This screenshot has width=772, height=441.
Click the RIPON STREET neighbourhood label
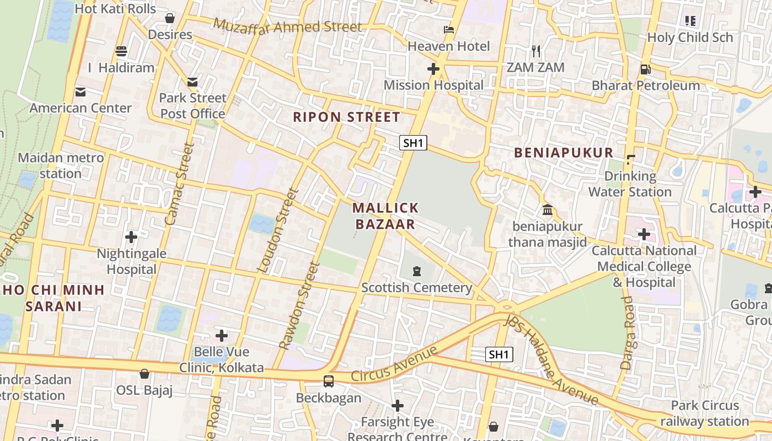(x=346, y=117)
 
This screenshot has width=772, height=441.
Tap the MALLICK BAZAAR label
(x=385, y=216)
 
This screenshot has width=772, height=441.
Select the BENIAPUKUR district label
(x=564, y=153)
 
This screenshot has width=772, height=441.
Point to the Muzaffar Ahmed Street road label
(x=287, y=25)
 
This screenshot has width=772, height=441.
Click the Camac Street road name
(x=180, y=184)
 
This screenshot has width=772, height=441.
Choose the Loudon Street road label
(x=278, y=230)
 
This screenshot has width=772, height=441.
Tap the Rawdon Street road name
(x=300, y=305)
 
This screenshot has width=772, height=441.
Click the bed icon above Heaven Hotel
(x=449, y=30)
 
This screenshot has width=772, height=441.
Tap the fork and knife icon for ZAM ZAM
(x=536, y=51)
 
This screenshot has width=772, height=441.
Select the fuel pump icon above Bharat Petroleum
(x=645, y=69)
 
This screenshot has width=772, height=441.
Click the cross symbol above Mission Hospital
(x=433, y=69)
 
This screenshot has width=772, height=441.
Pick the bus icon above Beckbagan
(x=329, y=381)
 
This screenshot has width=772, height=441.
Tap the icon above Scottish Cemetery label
(x=416, y=271)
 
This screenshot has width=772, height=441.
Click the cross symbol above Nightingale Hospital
(x=131, y=237)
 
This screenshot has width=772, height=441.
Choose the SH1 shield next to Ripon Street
(x=413, y=143)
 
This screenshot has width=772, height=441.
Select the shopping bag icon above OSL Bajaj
(x=144, y=374)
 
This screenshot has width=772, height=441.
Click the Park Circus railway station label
(x=704, y=413)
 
